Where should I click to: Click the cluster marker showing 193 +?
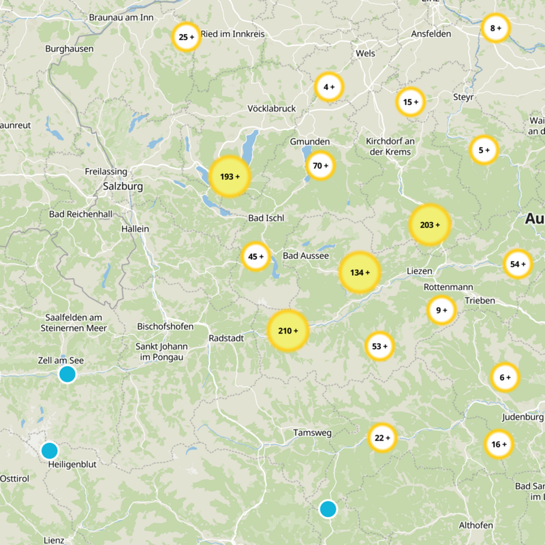click(230, 177)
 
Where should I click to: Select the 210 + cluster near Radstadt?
click(287, 331)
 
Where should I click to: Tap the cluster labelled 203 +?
click(430, 225)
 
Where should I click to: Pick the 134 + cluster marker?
click(360, 272)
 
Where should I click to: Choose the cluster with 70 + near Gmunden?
click(320, 166)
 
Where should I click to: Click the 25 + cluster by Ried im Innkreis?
click(186, 37)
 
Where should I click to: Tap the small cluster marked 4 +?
click(329, 87)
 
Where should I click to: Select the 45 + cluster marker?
click(256, 257)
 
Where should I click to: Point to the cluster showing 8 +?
click(495, 28)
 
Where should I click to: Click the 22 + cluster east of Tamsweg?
click(382, 437)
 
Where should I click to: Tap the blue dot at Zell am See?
click(67, 374)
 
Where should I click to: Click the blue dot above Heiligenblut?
click(49, 450)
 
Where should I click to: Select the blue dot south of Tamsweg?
click(328, 509)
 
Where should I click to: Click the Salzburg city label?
click(123, 185)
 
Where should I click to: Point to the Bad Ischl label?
click(266, 218)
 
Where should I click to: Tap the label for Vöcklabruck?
click(272, 109)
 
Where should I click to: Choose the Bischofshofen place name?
click(165, 326)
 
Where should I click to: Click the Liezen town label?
click(419, 271)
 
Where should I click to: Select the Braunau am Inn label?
click(121, 18)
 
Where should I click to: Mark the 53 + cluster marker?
click(379, 347)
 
